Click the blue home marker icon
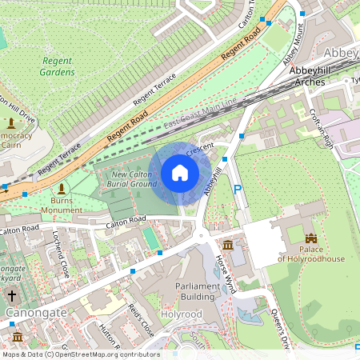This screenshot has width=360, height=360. (x=180, y=173)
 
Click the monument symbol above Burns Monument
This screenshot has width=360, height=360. (x=62, y=188)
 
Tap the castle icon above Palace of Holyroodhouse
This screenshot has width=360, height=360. (x=311, y=238)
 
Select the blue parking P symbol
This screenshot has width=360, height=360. (x=237, y=190)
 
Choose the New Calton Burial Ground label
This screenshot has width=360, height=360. (x=134, y=179)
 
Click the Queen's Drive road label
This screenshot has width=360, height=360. (x=278, y=328)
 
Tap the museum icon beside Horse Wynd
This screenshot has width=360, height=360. (x=228, y=244)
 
